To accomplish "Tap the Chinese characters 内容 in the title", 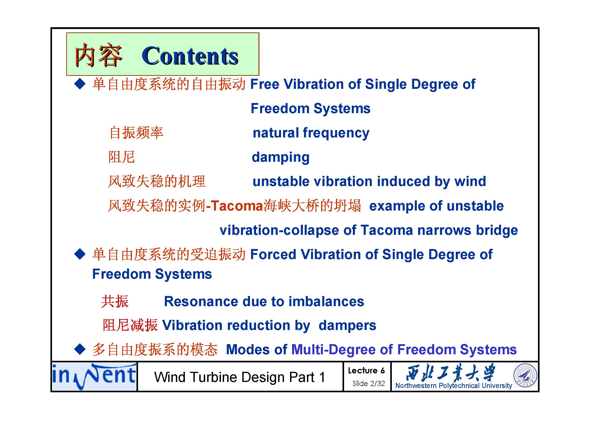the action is [98, 55].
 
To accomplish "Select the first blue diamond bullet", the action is [80, 84].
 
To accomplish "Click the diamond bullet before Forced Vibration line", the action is [80, 254].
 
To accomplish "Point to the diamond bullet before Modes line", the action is [80, 350].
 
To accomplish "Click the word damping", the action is [281, 157].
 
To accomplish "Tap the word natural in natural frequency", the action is [275, 133].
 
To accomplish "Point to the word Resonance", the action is [201, 301].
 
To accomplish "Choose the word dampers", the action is [347, 326].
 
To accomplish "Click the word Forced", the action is [273, 254].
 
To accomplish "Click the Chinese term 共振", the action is [115, 301].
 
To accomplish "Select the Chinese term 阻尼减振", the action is [130, 325].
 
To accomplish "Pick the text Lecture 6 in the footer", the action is [366, 371].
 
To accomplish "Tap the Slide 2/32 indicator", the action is [368, 384].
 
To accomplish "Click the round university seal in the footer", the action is [525, 375].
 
